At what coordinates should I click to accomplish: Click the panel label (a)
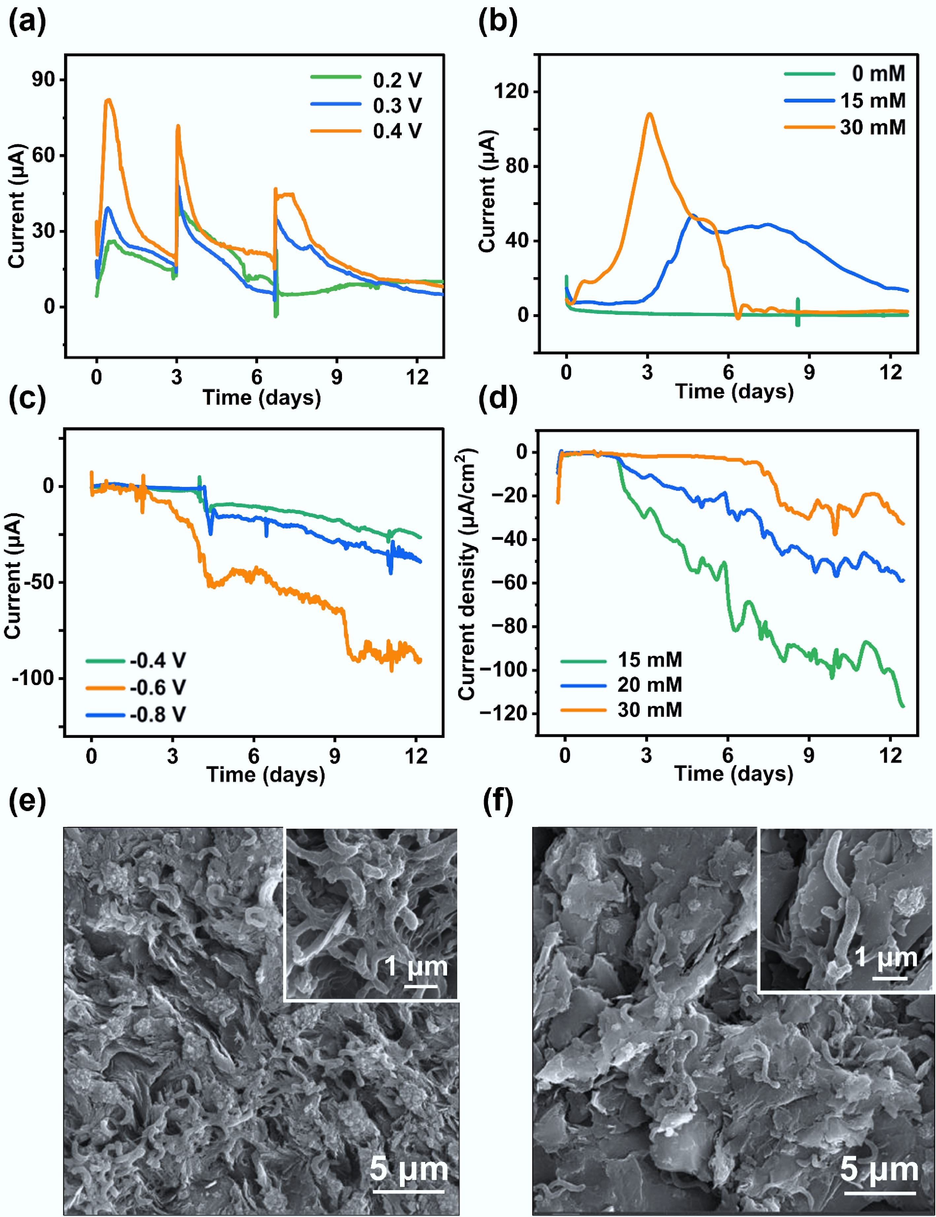(x=27, y=23)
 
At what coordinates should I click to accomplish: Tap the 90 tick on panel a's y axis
(x=44, y=80)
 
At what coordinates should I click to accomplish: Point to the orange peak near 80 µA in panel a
(x=109, y=101)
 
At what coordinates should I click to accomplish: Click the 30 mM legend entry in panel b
(x=873, y=127)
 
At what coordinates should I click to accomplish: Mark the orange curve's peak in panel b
(x=649, y=114)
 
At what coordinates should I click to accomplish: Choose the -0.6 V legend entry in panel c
(x=158, y=688)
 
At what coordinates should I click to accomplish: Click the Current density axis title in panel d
(x=468, y=574)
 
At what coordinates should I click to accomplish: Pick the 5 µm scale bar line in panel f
(x=880, y=1193)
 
